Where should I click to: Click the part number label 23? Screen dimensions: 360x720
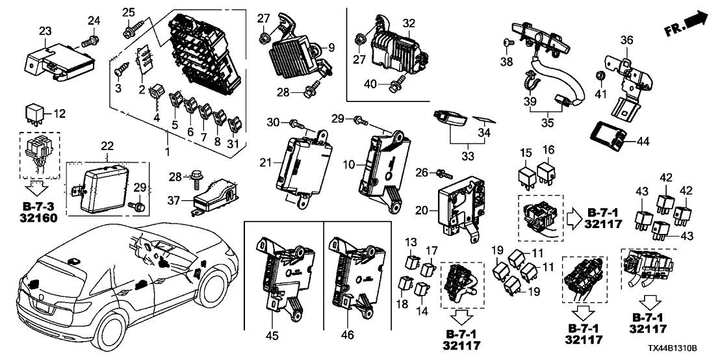[45, 31]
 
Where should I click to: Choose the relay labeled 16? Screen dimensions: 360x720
[548, 168]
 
